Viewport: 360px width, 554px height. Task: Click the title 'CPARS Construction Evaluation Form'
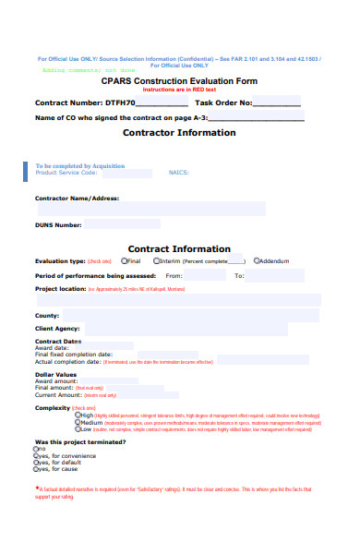179,81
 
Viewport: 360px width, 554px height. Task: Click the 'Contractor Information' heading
179,132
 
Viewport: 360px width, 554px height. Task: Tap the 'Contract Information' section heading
179,248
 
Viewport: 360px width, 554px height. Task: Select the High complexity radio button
78,415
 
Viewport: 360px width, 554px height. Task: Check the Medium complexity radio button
78,422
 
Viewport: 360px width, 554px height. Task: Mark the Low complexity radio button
78,429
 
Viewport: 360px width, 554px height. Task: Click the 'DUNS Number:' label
58,224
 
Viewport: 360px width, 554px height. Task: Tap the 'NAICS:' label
178,173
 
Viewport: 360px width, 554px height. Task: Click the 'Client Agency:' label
57,328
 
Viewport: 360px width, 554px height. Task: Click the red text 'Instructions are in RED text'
179,90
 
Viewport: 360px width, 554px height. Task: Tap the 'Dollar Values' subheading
55,374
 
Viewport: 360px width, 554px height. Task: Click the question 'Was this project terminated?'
73,441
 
